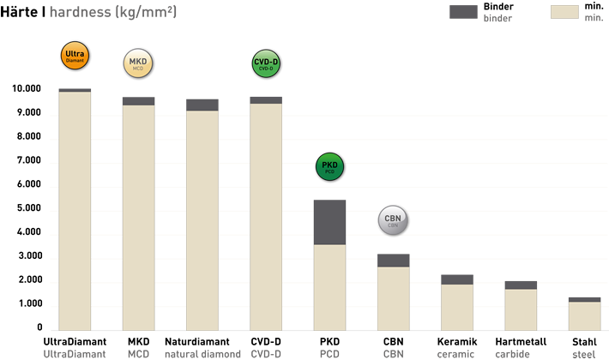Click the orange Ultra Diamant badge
(x=74, y=57)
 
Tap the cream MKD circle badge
(x=138, y=65)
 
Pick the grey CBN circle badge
(x=393, y=220)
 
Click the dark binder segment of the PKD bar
(x=330, y=222)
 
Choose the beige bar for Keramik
(x=456, y=306)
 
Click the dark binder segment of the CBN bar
(x=393, y=260)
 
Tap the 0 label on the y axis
(x=39, y=328)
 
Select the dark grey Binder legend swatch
(x=462, y=12)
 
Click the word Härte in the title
(x=18, y=13)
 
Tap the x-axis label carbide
(x=512, y=353)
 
